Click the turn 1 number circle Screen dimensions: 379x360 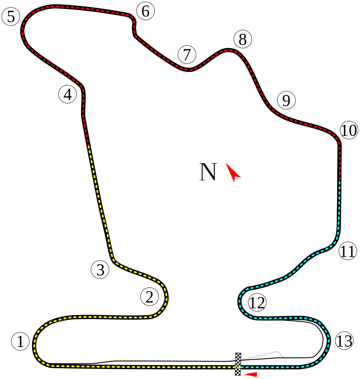click(20, 341)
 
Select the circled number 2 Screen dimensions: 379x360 click(150, 297)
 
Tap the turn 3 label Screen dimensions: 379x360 click(100, 270)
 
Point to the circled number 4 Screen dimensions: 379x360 click(67, 95)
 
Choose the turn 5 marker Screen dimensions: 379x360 click(11, 17)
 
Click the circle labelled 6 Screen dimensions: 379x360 click(145, 11)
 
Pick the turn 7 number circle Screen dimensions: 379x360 click(187, 55)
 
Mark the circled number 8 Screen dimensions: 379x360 click(243, 40)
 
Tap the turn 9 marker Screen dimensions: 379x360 click(286, 100)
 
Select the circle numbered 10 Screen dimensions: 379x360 click(349, 131)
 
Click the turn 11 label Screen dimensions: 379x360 click(347, 251)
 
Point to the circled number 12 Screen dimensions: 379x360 click(257, 303)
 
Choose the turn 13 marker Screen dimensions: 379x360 click(344, 341)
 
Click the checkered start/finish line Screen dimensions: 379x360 click(238, 364)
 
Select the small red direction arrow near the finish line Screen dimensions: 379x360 click(250, 374)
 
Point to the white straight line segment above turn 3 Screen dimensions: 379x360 click(108, 232)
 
